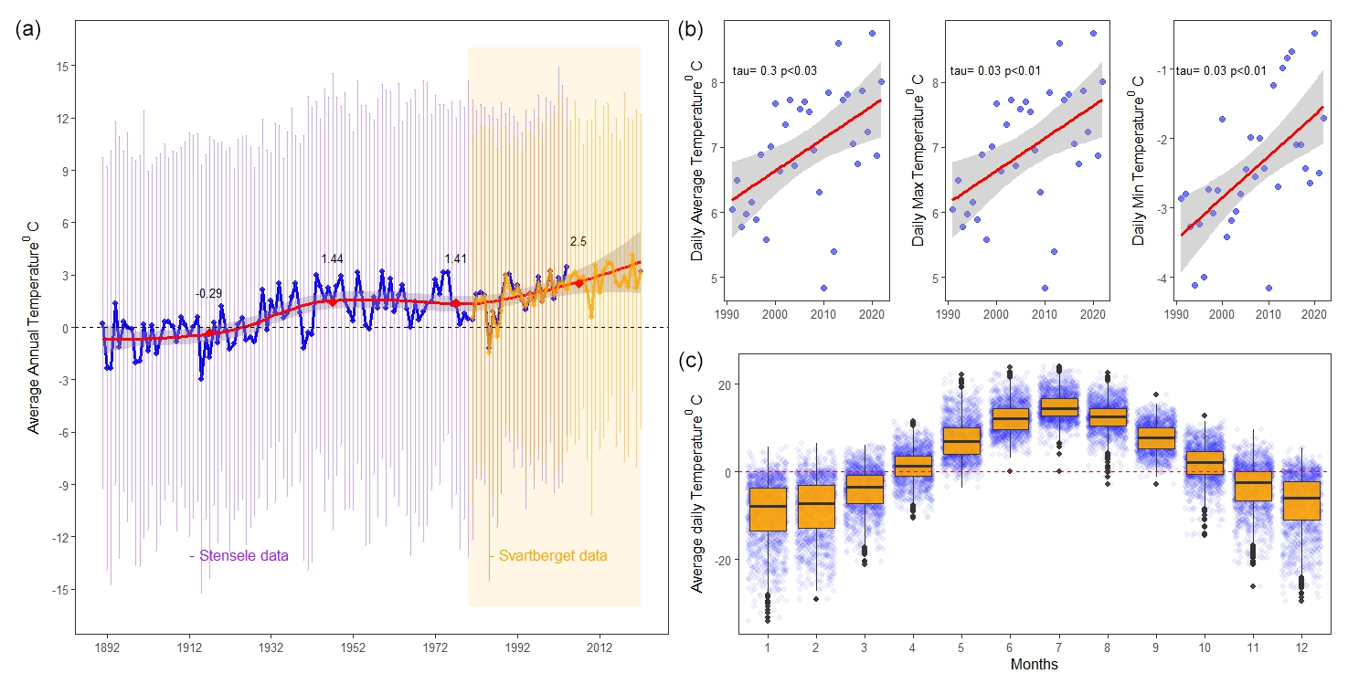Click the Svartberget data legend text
point(547,555)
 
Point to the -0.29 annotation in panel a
point(208,294)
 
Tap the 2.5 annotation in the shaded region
point(578,242)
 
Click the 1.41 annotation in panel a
point(455,259)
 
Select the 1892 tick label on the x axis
point(107,648)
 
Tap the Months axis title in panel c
point(1034,665)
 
